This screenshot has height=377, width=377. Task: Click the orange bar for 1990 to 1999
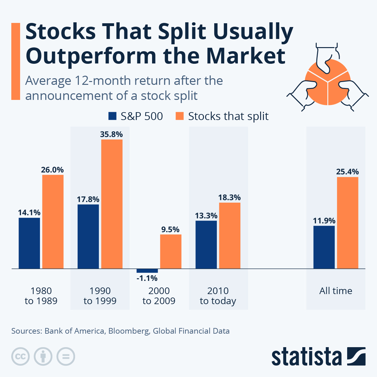click(112, 204)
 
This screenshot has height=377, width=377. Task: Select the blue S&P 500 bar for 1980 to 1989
click(29, 243)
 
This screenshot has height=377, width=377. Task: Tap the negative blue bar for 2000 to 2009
click(147, 271)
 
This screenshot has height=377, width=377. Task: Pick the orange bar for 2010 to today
click(230, 236)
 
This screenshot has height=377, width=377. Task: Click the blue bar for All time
click(324, 247)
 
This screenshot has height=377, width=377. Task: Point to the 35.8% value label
click(112, 134)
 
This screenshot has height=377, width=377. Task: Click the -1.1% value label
click(147, 278)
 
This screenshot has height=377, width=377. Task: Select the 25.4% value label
click(347, 172)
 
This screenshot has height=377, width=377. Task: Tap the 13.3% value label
click(206, 216)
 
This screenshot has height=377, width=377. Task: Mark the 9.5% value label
click(170, 230)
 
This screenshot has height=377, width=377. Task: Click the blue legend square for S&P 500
click(112, 116)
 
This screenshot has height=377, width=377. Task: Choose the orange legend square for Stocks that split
click(179, 116)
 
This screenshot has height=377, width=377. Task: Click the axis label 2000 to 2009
click(159, 296)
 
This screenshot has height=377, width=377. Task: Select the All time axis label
click(336, 291)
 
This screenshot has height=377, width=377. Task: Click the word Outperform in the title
click(91, 56)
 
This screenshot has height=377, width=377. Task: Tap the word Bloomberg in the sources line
click(129, 331)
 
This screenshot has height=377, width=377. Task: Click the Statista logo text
click(307, 357)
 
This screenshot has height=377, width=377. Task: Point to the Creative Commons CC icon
click(20, 357)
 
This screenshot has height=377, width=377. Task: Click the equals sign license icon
click(66, 357)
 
